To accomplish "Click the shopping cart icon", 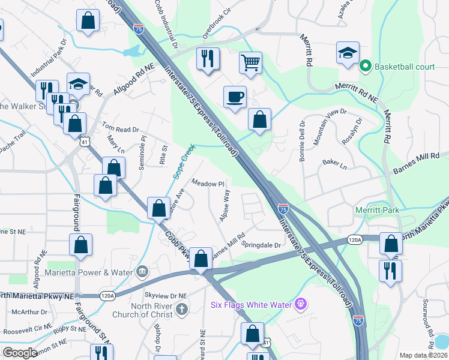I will tap(250, 62).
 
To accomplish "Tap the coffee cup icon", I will tap(235, 97).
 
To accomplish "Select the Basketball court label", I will tap(405, 67).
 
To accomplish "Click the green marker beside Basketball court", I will tap(364, 67).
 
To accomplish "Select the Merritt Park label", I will tap(377, 211).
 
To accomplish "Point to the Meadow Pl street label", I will tap(208, 183).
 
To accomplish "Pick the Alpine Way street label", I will tap(225, 205).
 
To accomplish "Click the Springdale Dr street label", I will tap(261, 245).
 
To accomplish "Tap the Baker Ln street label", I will tap(334, 163).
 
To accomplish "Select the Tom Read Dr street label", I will tap(120, 128).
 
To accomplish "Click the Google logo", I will tap(20, 353).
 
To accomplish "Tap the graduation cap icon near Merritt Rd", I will tap(348, 53).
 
